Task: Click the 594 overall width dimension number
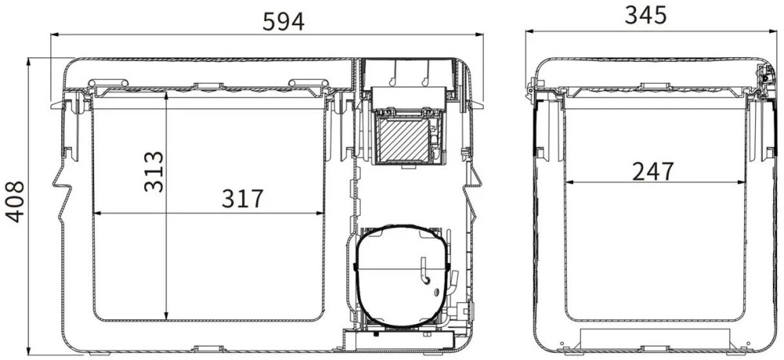point(283,21)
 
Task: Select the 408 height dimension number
point(15,202)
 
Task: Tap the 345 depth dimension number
point(645,15)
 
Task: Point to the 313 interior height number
point(154,172)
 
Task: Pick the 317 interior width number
point(242,198)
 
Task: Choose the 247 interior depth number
point(653,172)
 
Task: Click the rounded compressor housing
point(403,276)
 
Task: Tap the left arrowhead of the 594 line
point(55,35)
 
